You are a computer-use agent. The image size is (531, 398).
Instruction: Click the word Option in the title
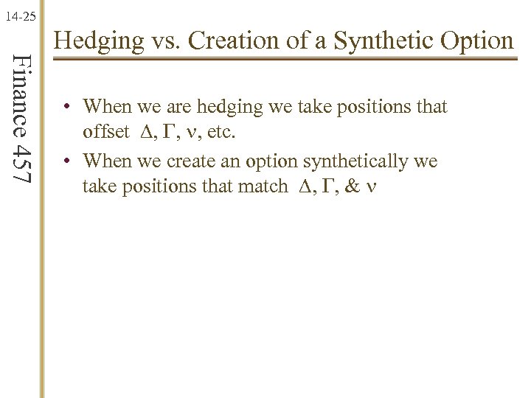[479, 40]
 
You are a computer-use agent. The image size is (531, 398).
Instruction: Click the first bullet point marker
[66, 107]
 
